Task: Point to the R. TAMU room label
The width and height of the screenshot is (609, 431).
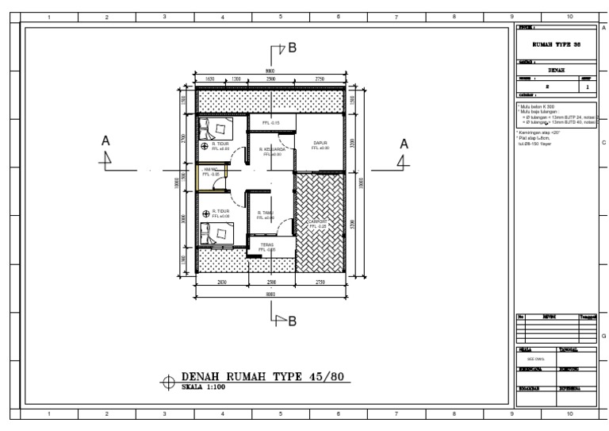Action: pos(266,212)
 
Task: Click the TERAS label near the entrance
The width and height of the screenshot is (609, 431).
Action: pos(266,244)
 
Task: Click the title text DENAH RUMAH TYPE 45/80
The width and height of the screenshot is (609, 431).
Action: pos(265,376)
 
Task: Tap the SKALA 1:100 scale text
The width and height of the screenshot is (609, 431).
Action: pos(202,388)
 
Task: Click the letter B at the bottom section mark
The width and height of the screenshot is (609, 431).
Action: pos(292,321)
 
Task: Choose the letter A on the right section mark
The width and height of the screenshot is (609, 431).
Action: pos(403,144)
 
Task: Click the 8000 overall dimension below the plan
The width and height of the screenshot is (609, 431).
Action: pos(270,293)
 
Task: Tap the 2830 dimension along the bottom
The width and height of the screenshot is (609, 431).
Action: pos(221,282)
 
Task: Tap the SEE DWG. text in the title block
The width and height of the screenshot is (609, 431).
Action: pos(535,358)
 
